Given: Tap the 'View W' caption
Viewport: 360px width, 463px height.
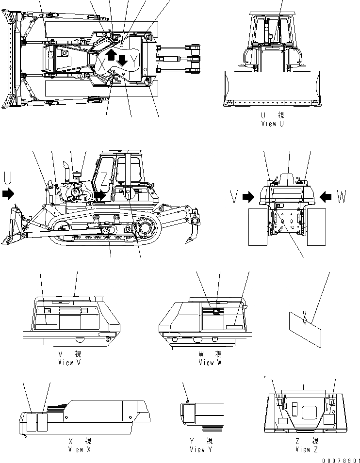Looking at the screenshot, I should [210, 362].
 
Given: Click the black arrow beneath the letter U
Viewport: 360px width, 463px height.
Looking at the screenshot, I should [8, 193].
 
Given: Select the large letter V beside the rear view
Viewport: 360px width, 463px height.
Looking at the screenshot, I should [233, 196].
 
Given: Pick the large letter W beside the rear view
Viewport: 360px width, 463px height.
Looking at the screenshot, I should [341, 196].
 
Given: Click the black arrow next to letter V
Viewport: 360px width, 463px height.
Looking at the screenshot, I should [248, 197].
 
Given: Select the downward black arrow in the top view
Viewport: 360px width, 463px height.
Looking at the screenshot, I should [122, 61].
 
